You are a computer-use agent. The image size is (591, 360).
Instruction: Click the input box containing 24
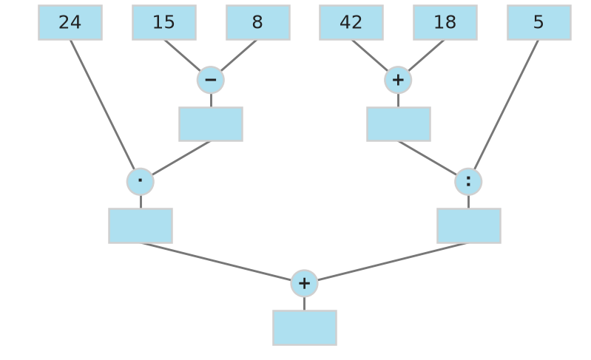coord(70,23)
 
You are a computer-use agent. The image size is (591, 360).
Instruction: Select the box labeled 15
coord(164,23)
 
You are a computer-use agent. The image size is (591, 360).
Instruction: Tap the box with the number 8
coord(258,23)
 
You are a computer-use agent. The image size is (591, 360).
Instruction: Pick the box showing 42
coord(351,23)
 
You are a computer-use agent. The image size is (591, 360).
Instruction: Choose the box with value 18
coord(445,23)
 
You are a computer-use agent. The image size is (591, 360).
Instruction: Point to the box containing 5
coord(539,23)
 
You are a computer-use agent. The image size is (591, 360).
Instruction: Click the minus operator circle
coord(211,80)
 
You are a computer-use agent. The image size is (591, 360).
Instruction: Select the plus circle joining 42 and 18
coord(398,80)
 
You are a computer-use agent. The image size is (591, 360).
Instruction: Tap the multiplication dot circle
coord(141,182)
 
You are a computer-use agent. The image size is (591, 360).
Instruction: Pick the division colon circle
coord(468,182)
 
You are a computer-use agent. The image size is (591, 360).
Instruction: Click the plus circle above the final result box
coord(304,283)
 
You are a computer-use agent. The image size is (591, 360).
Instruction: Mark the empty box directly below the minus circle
coord(211,124)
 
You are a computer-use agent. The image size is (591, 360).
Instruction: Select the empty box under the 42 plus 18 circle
coord(399,124)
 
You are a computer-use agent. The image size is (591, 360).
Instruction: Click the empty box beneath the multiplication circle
coord(141,225)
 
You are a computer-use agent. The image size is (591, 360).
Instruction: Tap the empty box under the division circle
coord(469,225)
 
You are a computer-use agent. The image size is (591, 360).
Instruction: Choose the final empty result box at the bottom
coord(305,327)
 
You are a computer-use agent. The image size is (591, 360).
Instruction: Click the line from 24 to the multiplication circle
coord(103,105)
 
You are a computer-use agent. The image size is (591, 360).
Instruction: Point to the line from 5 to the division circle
coord(506,105)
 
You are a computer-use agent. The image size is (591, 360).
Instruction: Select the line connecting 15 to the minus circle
coord(183,55)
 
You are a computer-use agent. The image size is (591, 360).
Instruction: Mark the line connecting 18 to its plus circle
coord(426,55)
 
